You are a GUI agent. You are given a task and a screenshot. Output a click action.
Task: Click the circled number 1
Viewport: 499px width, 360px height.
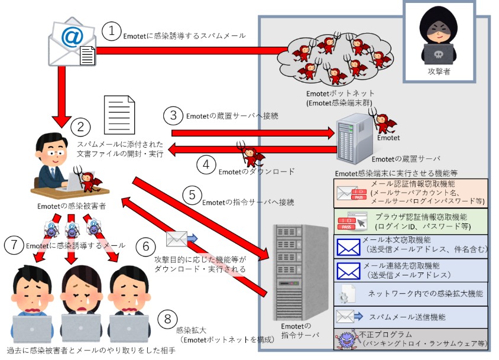[x=111, y=31]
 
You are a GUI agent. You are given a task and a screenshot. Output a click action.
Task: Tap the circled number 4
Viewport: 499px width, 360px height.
[x=206, y=164]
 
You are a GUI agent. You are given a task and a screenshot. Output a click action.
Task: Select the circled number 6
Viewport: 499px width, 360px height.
[x=146, y=246]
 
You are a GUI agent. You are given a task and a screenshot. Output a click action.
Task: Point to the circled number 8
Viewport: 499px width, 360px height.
[x=168, y=319]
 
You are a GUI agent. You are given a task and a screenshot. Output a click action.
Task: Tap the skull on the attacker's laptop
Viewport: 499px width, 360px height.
[x=439, y=54]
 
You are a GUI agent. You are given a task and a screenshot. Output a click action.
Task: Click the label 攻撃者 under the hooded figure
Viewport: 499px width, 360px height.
[x=439, y=72]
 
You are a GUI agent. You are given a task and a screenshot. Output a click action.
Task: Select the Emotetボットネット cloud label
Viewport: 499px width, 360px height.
[x=340, y=98]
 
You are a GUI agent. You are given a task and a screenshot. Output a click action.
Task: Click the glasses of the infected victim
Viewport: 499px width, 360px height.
[x=56, y=153]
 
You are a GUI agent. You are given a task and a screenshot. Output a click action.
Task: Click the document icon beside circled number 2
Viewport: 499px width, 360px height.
[x=119, y=115]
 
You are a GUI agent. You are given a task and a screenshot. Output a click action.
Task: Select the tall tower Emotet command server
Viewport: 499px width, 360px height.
[x=300, y=273]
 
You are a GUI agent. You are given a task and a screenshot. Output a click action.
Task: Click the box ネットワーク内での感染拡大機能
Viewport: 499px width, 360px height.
[x=411, y=294]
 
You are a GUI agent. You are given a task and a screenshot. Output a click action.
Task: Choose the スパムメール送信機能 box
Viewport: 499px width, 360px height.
[x=411, y=317]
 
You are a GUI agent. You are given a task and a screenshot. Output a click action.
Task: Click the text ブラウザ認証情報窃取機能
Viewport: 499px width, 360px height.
[x=421, y=217]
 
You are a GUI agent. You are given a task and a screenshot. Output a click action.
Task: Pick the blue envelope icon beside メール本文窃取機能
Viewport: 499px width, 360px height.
[x=348, y=247]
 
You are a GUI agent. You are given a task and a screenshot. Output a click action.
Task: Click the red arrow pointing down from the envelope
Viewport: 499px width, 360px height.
[x=61, y=96]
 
